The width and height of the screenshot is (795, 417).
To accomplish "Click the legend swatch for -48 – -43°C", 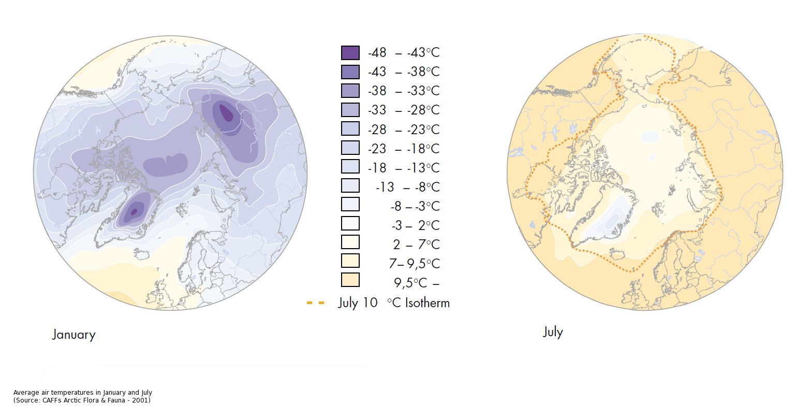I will [x=350, y=53].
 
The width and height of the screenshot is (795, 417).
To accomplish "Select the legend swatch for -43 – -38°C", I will [x=350, y=72].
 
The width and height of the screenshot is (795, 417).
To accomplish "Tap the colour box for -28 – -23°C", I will [x=350, y=128].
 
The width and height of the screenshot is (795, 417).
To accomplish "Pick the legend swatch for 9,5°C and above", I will [x=350, y=280].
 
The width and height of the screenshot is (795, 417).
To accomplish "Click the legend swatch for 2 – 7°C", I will [x=350, y=242].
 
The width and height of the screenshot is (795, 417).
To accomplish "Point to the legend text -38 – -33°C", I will [x=404, y=91].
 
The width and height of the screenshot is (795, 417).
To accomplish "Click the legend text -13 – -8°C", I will [x=407, y=186].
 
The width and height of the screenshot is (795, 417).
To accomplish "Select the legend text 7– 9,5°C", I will [x=414, y=264].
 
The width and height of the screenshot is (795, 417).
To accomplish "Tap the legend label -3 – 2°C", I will [x=415, y=225].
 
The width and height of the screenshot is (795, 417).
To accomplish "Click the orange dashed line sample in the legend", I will [x=316, y=303].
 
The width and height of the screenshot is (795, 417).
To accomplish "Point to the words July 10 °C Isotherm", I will [x=394, y=303].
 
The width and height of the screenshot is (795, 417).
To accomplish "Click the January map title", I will [x=73, y=335].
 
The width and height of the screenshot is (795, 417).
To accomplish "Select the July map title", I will [x=552, y=332].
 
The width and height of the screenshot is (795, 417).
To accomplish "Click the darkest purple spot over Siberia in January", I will [x=226, y=112].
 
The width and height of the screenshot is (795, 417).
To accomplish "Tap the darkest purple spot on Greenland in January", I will [x=134, y=211].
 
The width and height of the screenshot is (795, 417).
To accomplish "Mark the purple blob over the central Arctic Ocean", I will [x=165, y=165].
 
